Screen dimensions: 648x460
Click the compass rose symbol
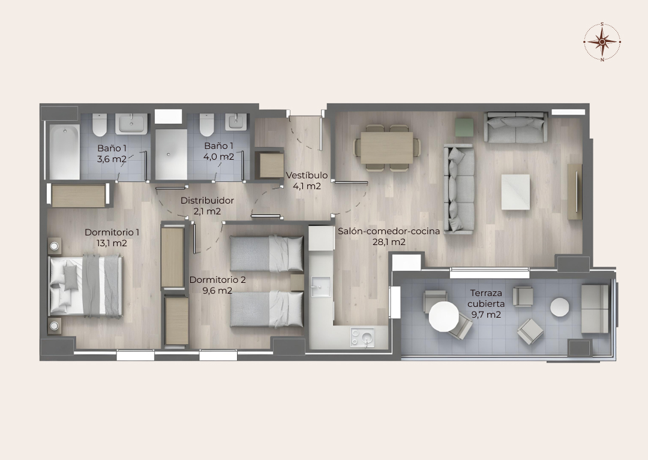(602, 41)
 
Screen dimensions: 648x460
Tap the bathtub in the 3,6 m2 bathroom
(64, 152)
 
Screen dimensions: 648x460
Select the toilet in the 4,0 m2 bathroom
(206, 125)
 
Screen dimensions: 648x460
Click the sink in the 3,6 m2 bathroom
(131, 124)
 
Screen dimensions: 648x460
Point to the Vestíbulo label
(307, 175)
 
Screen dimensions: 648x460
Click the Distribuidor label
(207, 201)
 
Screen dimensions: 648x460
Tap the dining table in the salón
(387, 148)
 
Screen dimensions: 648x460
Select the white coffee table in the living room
(515, 192)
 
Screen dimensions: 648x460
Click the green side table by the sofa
(464, 127)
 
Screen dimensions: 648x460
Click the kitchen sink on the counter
(320, 286)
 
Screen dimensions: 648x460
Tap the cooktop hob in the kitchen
(362, 337)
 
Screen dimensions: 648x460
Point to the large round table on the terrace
(444, 316)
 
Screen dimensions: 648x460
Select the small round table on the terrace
(560, 307)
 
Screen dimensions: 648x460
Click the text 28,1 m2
(389, 242)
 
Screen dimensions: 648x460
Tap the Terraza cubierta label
(486, 298)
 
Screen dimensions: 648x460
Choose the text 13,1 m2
(112, 243)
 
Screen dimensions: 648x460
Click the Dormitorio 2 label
(217, 280)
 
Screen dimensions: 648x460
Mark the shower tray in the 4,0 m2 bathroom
(171, 154)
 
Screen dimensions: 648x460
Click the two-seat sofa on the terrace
(595, 309)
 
